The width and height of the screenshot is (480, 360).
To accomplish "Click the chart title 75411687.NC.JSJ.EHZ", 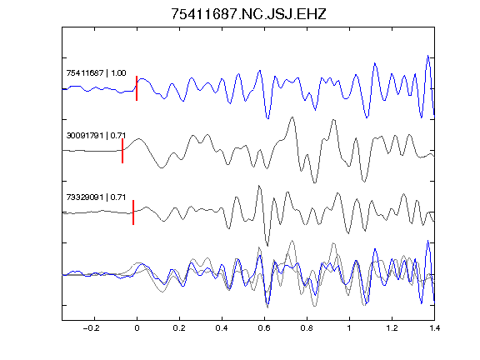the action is tap(248, 14).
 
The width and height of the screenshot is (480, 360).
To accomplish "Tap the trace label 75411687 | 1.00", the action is tap(96, 73).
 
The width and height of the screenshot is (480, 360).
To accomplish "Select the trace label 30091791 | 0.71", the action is tap(96, 135).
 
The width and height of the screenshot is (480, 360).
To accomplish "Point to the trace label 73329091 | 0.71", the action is tap(96, 197).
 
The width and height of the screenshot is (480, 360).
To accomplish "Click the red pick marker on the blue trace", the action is tap(137, 88).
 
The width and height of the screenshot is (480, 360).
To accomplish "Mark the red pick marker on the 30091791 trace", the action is tap(122, 151).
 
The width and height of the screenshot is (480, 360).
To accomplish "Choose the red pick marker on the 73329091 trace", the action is tap(133, 212).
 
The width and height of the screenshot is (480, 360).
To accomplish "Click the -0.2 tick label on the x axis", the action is tap(91, 328).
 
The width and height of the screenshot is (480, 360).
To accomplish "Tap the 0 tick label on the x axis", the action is tap(137, 328).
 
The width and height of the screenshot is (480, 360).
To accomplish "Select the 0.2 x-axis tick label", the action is tap(179, 328).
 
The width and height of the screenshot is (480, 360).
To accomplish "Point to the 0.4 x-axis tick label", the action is tap(222, 328).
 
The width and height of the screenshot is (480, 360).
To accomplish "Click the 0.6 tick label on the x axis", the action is tap(264, 328).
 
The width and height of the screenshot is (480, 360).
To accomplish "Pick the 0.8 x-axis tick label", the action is tap(307, 328).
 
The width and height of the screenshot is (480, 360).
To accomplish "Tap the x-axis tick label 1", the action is tap(349, 328).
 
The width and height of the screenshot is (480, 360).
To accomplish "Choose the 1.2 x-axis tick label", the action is tap(392, 328).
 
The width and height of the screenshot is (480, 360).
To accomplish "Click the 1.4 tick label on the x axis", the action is tap(434, 328).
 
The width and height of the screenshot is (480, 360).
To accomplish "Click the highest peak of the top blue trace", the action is tap(428, 56).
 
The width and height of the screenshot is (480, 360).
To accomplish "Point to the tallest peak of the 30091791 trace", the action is tap(292, 117).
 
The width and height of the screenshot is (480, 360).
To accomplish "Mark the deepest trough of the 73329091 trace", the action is tap(267, 246).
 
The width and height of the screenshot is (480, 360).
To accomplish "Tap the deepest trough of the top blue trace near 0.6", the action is tap(267, 118).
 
